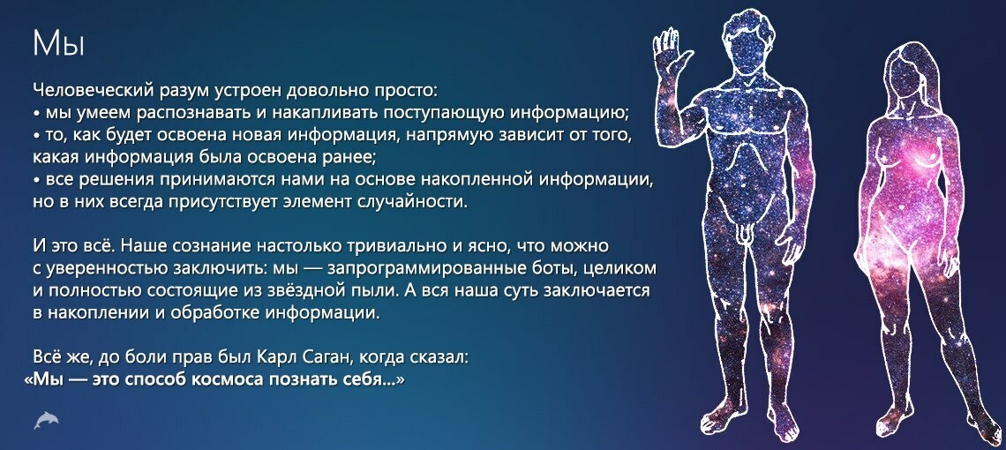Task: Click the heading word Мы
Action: click(x=58, y=44)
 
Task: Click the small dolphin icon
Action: click(x=46, y=421)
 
